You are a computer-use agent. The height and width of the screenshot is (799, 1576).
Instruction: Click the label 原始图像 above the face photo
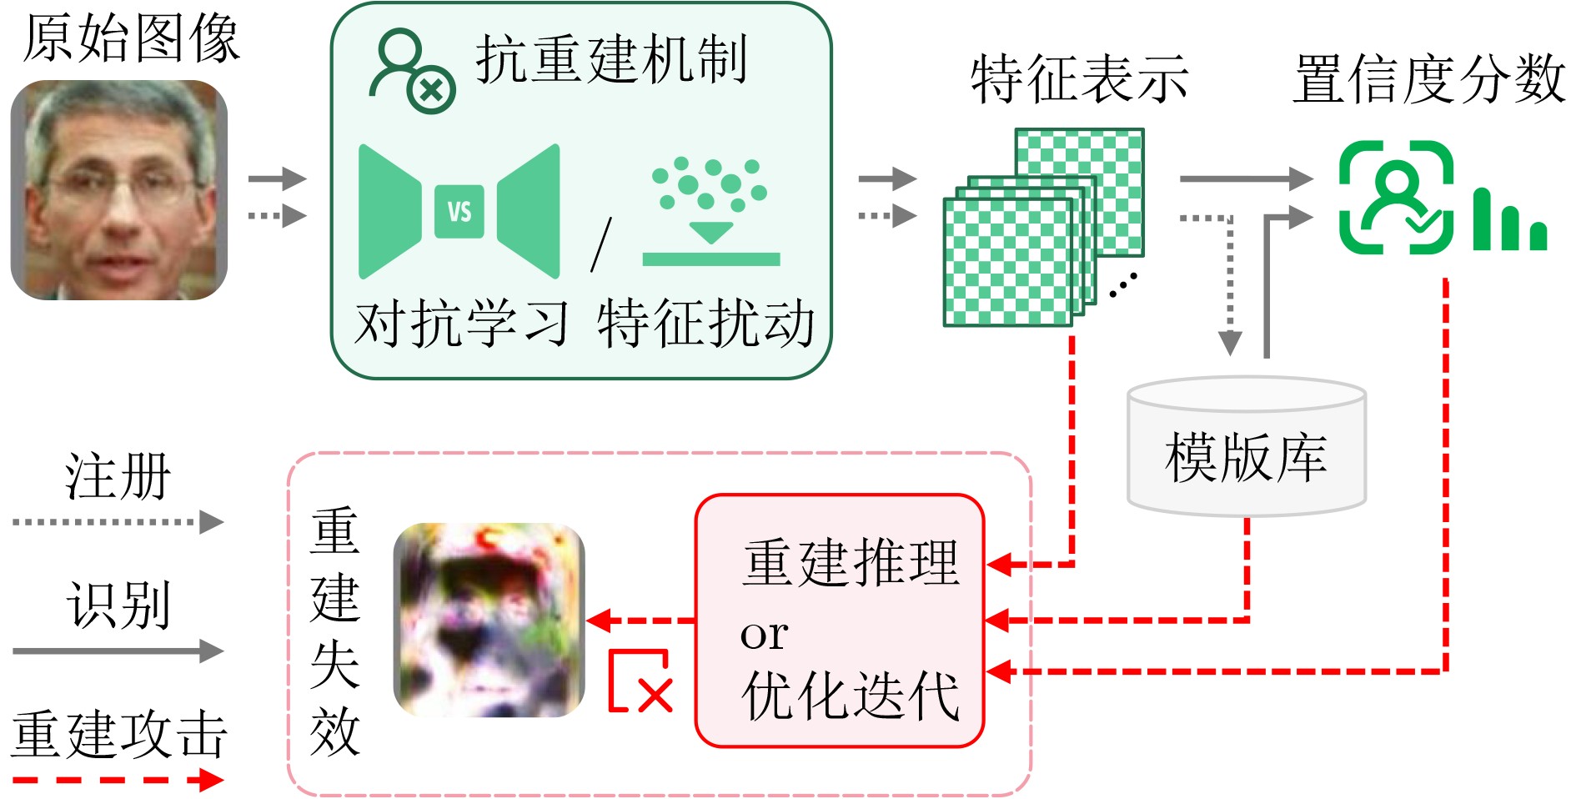(131, 38)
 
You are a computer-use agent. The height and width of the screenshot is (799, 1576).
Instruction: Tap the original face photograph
(119, 190)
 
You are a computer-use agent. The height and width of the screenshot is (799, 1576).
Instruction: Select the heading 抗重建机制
(610, 60)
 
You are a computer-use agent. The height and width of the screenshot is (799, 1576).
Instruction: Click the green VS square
(459, 212)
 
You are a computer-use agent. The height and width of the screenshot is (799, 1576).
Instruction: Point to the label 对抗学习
(461, 324)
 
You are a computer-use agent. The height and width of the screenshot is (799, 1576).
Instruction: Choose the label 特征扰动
(705, 324)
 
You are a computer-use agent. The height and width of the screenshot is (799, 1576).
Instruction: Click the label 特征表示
(1079, 79)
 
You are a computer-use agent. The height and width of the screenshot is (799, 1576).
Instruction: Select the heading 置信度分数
(1429, 79)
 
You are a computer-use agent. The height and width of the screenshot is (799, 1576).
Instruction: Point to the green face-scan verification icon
(1396, 198)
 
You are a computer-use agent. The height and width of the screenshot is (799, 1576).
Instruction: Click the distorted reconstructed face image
(489, 620)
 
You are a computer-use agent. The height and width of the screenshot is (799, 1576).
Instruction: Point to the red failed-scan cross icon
(640, 681)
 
